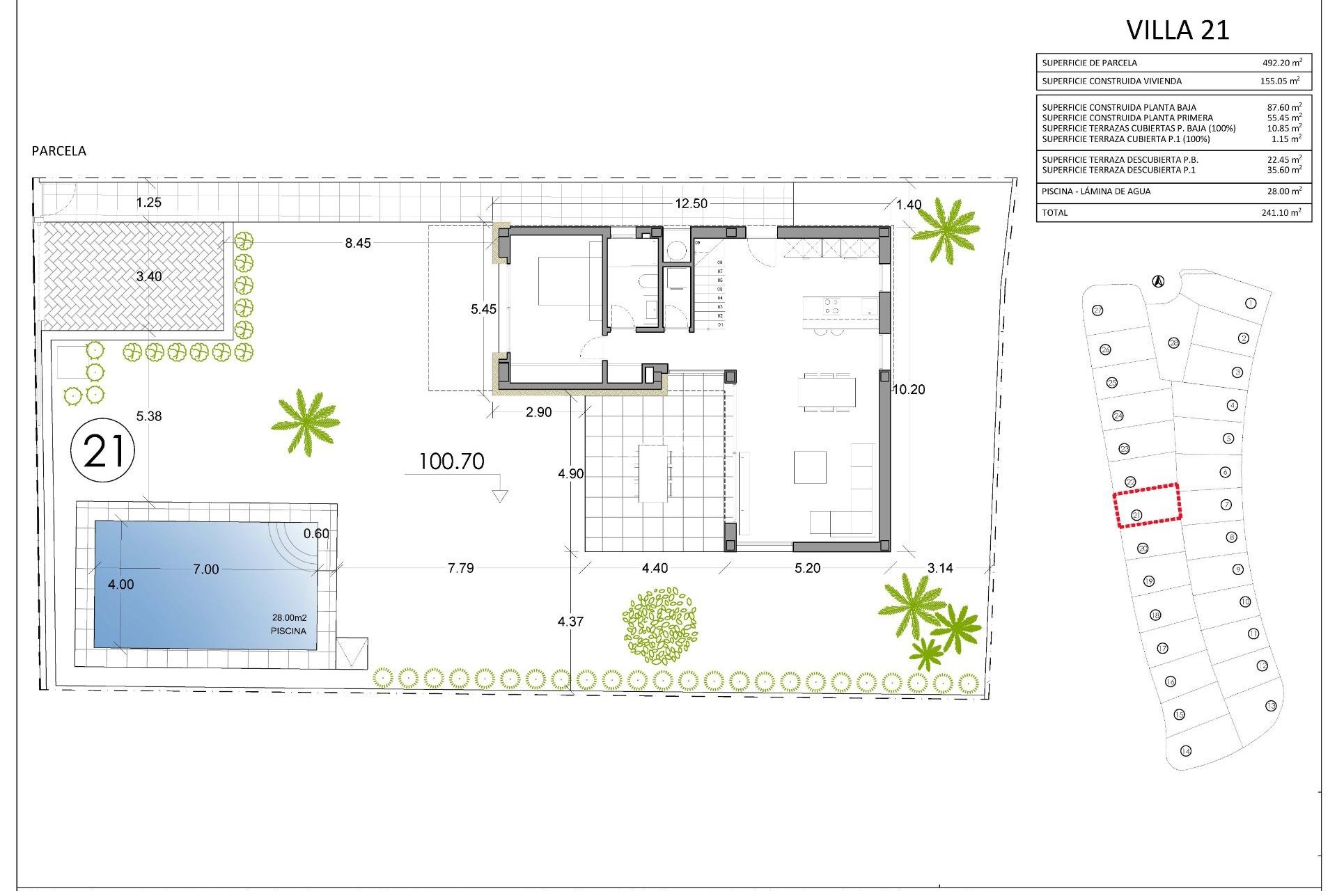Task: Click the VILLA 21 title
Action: [x=1178, y=31]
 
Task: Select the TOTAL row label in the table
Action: [x=1054, y=213]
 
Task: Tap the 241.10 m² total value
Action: [x=1281, y=213]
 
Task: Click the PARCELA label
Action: [x=59, y=151]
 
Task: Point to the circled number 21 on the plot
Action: [x=103, y=450]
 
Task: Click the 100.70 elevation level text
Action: [x=451, y=462]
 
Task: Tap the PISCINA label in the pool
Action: [x=288, y=631]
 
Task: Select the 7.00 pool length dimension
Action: [x=206, y=569]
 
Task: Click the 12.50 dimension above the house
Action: [x=691, y=203]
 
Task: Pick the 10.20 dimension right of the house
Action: [x=909, y=390]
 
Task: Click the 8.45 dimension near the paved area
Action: [x=358, y=243]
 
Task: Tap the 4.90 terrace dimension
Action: [x=571, y=474]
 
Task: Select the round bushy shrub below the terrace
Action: [x=659, y=625]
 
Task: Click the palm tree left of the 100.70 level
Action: [x=305, y=422]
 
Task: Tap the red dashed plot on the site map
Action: [x=1148, y=505]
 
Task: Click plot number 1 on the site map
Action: [x=1251, y=303]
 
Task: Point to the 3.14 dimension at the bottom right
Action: [x=940, y=568]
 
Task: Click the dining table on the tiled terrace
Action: [x=654, y=473]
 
